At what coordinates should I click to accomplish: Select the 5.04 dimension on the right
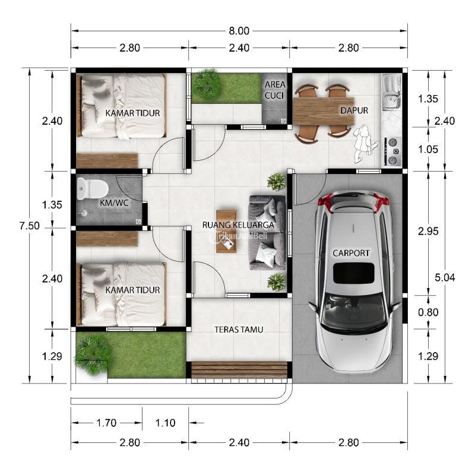445,277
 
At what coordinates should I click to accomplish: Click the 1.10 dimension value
166,423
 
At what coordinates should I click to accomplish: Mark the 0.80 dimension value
427,311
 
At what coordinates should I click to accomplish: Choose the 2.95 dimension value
427,232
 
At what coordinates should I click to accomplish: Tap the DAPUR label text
354,110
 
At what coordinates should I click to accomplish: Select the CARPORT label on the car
351,253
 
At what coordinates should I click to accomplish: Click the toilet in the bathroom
92,189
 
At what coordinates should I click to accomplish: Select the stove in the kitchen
392,151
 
